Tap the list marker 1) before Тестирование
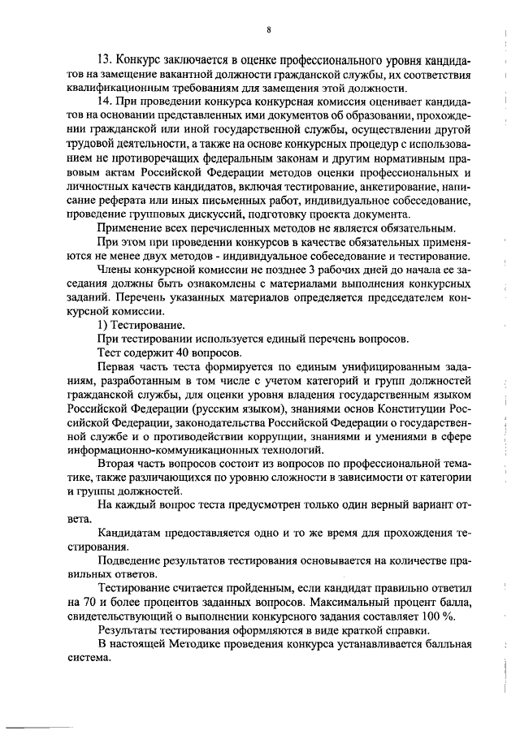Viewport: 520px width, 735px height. click(102, 325)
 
